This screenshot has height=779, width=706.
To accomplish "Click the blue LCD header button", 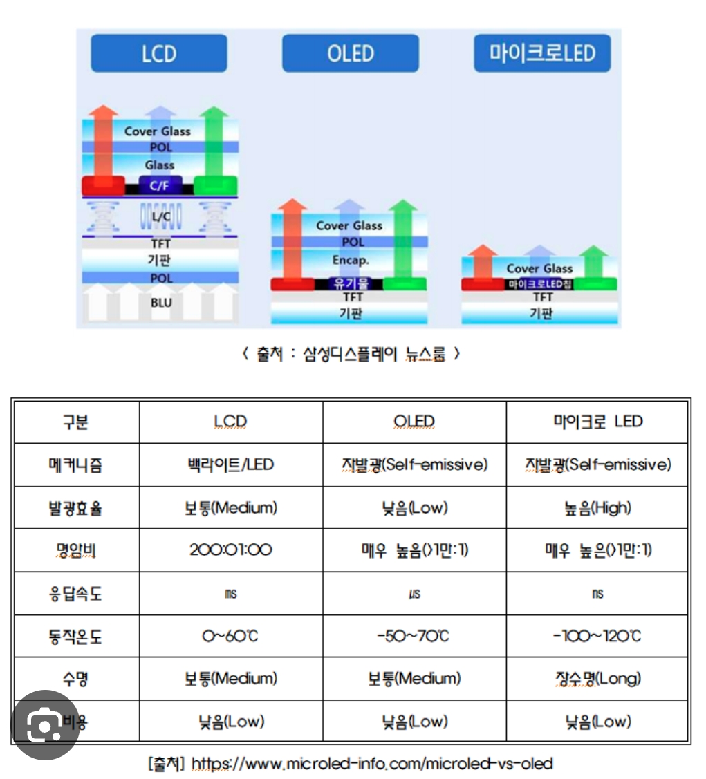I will pos(159,53).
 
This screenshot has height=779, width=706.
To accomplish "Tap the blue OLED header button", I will pos(350,53).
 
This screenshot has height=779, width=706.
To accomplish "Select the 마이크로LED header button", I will pos(542,53).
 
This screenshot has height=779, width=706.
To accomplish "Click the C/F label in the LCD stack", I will pos(160,185).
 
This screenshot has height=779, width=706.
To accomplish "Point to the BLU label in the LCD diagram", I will pos(161,303).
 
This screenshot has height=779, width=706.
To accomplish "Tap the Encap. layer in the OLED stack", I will pos(351,261).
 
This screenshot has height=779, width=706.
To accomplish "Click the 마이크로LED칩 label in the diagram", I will pos(540,284).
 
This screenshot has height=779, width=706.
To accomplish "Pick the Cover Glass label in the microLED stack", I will pos(539,268).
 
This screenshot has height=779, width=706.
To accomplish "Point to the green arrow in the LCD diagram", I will pos(217,145).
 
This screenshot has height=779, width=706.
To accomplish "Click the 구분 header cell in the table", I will pos(75,422).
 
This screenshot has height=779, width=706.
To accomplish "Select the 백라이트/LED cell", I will pos(230,464).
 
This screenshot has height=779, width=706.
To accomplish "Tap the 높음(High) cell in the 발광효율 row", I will pos(597,507).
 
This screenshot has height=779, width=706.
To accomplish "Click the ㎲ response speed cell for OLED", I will pos(414,594).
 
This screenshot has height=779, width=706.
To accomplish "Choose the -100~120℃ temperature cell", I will pos(597,636).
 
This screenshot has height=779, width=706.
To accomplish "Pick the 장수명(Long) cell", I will pos(597,679).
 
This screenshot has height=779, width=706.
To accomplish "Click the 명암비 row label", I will pos(75,550).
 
